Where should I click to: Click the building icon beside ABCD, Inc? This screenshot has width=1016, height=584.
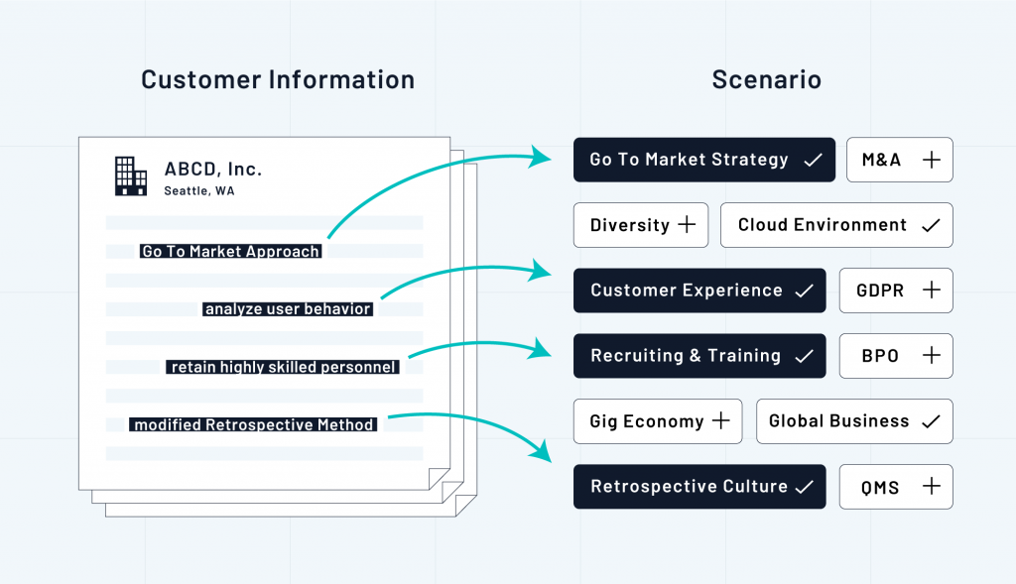click(x=130, y=175)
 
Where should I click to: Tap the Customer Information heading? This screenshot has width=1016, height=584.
click(x=278, y=80)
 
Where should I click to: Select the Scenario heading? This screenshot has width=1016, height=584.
click(x=766, y=80)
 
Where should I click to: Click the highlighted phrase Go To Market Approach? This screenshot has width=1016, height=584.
click(x=231, y=252)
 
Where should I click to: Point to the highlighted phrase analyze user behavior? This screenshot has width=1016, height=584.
click(x=288, y=309)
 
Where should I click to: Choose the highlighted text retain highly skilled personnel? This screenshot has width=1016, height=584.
click(x=284, y=367)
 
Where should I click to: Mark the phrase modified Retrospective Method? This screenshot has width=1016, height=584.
click(x=254, y=424)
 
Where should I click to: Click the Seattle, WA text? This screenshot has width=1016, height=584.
click(x=199, y=191)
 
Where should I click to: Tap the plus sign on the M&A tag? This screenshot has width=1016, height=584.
click(x=931, y=160)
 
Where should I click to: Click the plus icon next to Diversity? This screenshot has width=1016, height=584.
click(x=687, y=225)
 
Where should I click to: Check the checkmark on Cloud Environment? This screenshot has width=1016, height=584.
click(x=931, y=225)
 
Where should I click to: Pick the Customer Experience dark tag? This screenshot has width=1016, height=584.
click(x=699, y=291)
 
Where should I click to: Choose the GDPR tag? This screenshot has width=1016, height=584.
click(x=896, y=291)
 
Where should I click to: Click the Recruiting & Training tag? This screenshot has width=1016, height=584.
click(x=699, y=356)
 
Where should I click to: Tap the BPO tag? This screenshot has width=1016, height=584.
click(x=896, y=356)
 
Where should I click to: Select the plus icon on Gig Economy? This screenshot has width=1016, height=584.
click(x=720, y=421)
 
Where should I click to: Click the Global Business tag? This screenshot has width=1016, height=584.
click(x=854, y=421)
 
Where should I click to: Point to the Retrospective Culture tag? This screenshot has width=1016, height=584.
click(x=699, y=487)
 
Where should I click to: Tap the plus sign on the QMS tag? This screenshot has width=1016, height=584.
click(x=931, y=487)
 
